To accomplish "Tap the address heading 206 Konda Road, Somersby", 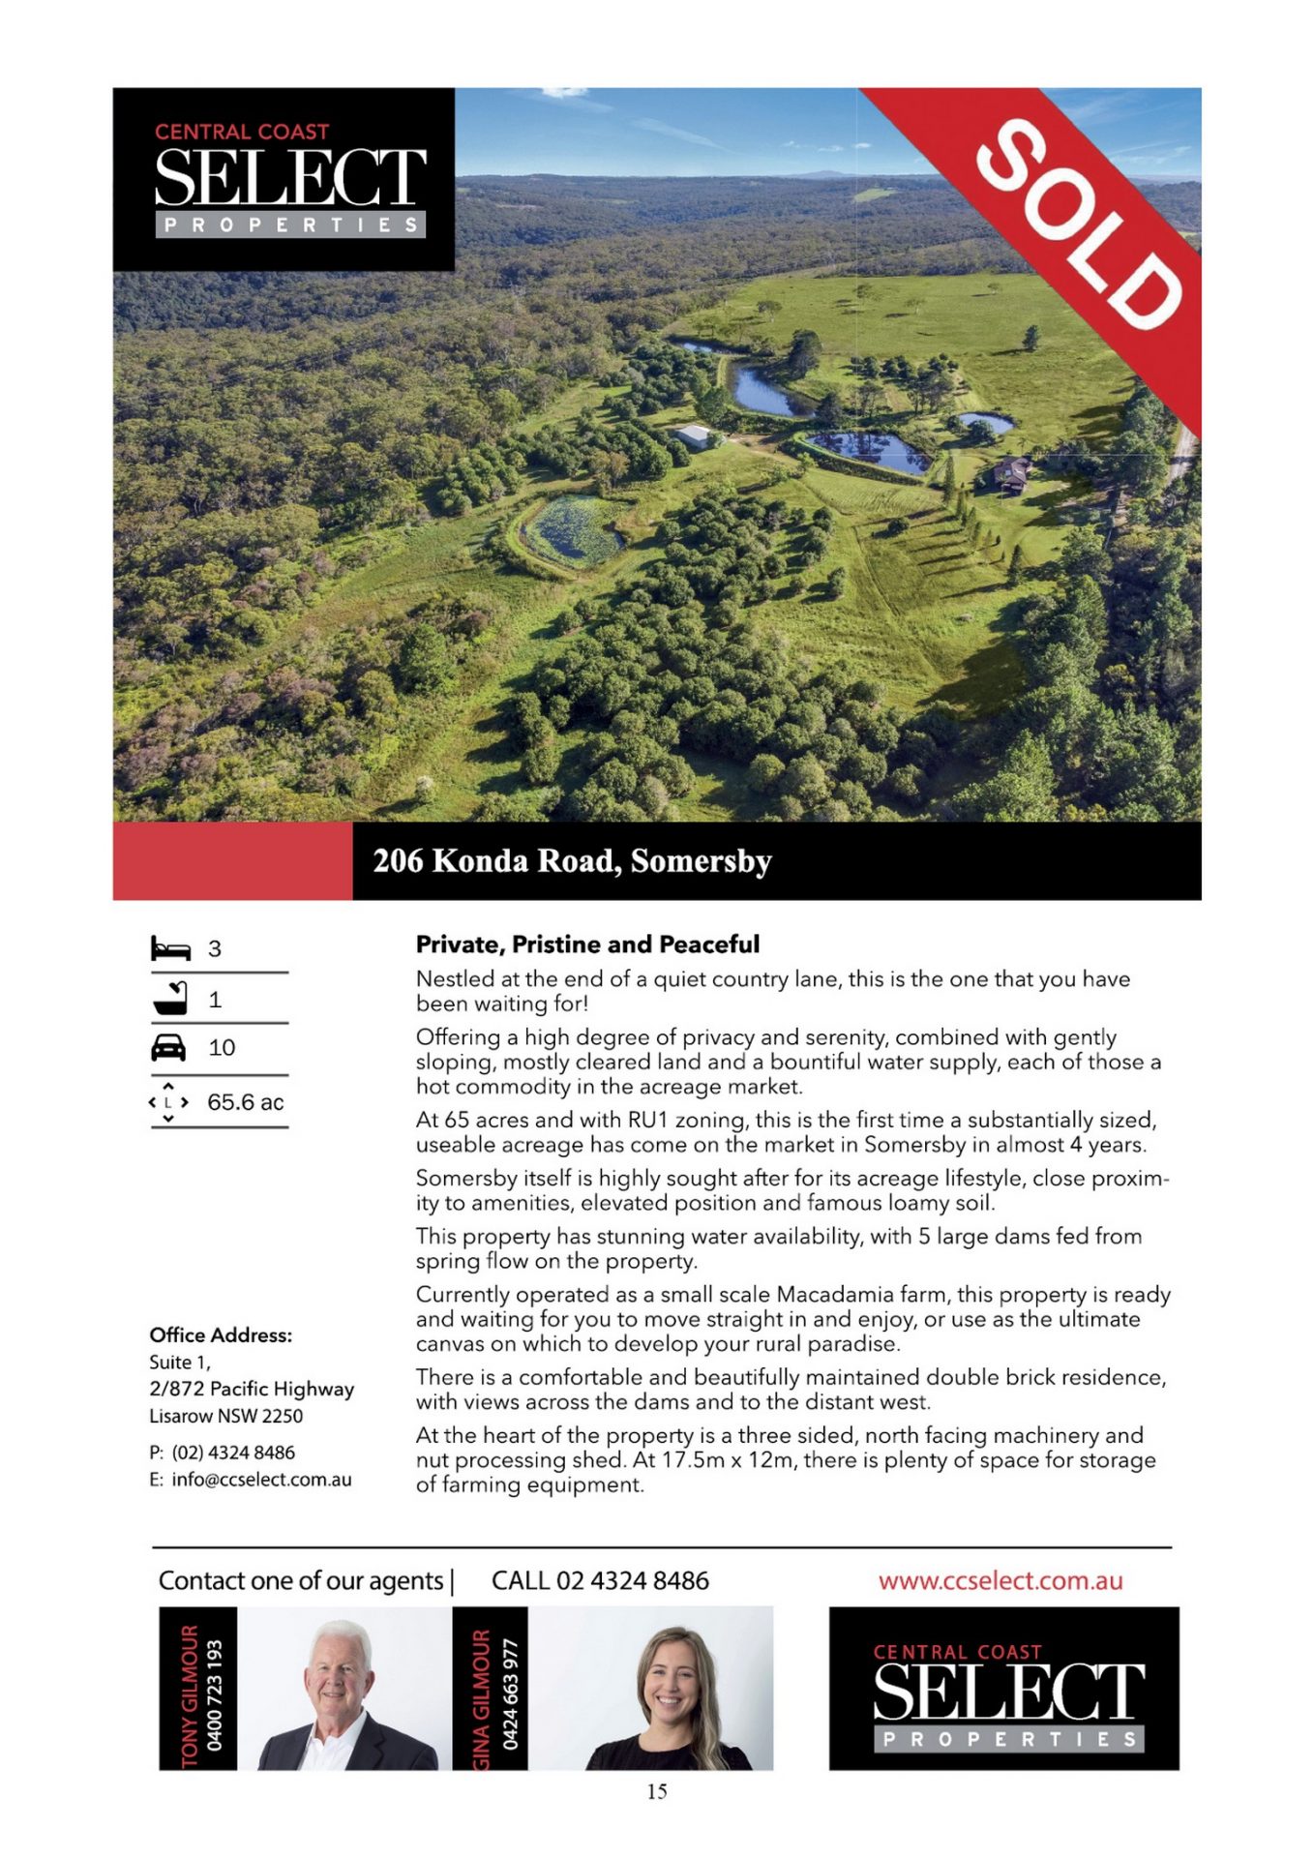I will tap(572, 860).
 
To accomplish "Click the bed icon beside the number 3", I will tap(170, 948).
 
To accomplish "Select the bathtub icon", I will tap(170, 998).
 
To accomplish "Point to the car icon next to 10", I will tap(169, 1048).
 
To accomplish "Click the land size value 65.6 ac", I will tap(245, 1102).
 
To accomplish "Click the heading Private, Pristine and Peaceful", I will tap(587, 944).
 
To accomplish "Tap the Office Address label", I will tap(221, 1335).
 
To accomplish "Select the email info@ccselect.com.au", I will tap(261, 1480).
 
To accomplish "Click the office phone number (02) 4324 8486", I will tap(233, 1453).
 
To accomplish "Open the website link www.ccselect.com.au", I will tap(1000, 1581).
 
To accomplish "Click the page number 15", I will tap(657, 1792).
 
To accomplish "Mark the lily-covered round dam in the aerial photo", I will tap(573, 529).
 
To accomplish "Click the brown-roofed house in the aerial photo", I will tap(1012, 473).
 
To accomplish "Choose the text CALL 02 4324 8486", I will tap(600, 1581).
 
